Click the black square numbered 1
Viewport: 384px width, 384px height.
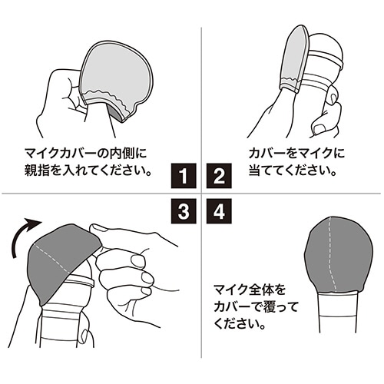(184, 176)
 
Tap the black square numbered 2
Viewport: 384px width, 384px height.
(219, 176)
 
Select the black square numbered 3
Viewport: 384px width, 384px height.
(184, 211)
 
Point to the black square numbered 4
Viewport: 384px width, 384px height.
(219, 211)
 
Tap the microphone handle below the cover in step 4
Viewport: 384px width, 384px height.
(337, 313)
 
